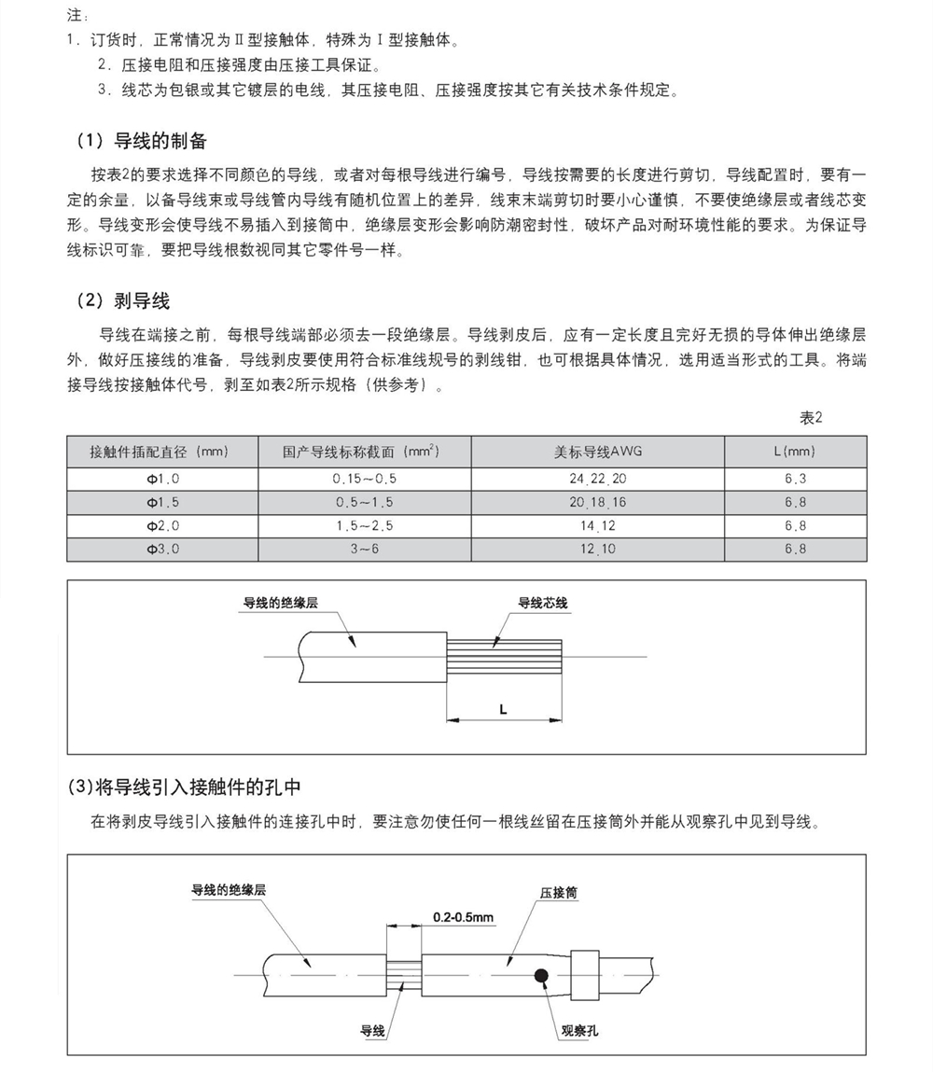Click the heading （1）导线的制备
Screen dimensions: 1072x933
pyautogui.click(x=141, y=142)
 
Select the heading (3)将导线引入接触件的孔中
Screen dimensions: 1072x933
pyautogui.click(x=185, y=787)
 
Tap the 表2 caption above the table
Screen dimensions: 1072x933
pyautogui.click(x=811, y=417)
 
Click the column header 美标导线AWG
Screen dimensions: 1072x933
pyautogui.click(x=598, y=452)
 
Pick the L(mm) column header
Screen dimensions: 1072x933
pyautogui.click(x=795, y=452)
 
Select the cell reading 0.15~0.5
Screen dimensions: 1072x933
pyautogui.click(x=364, y=479)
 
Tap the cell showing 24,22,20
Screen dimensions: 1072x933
pyautogui.click(x=598, y=479)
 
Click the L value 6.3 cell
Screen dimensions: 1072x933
pyautogui.click(x=795, y=479)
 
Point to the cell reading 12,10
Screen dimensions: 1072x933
pyautogui.click(x=598, y=550)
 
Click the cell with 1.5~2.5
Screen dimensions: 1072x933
pyautogui.click(x=364, y=526)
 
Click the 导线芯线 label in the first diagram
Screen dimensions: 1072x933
pyautogui.click(x=542, y=604)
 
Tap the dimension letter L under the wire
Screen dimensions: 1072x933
pyautogui.click(x=503, y=710)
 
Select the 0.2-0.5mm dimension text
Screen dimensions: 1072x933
pyautogui.click(x=463, y=918)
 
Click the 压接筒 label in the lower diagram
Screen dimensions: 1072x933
pyautogui.click(x=558, y=893)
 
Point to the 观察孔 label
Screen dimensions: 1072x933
pyautogui.click(x=578, y=1031)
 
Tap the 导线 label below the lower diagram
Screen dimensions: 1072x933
pyautogui.click(x=372, y=1031)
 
